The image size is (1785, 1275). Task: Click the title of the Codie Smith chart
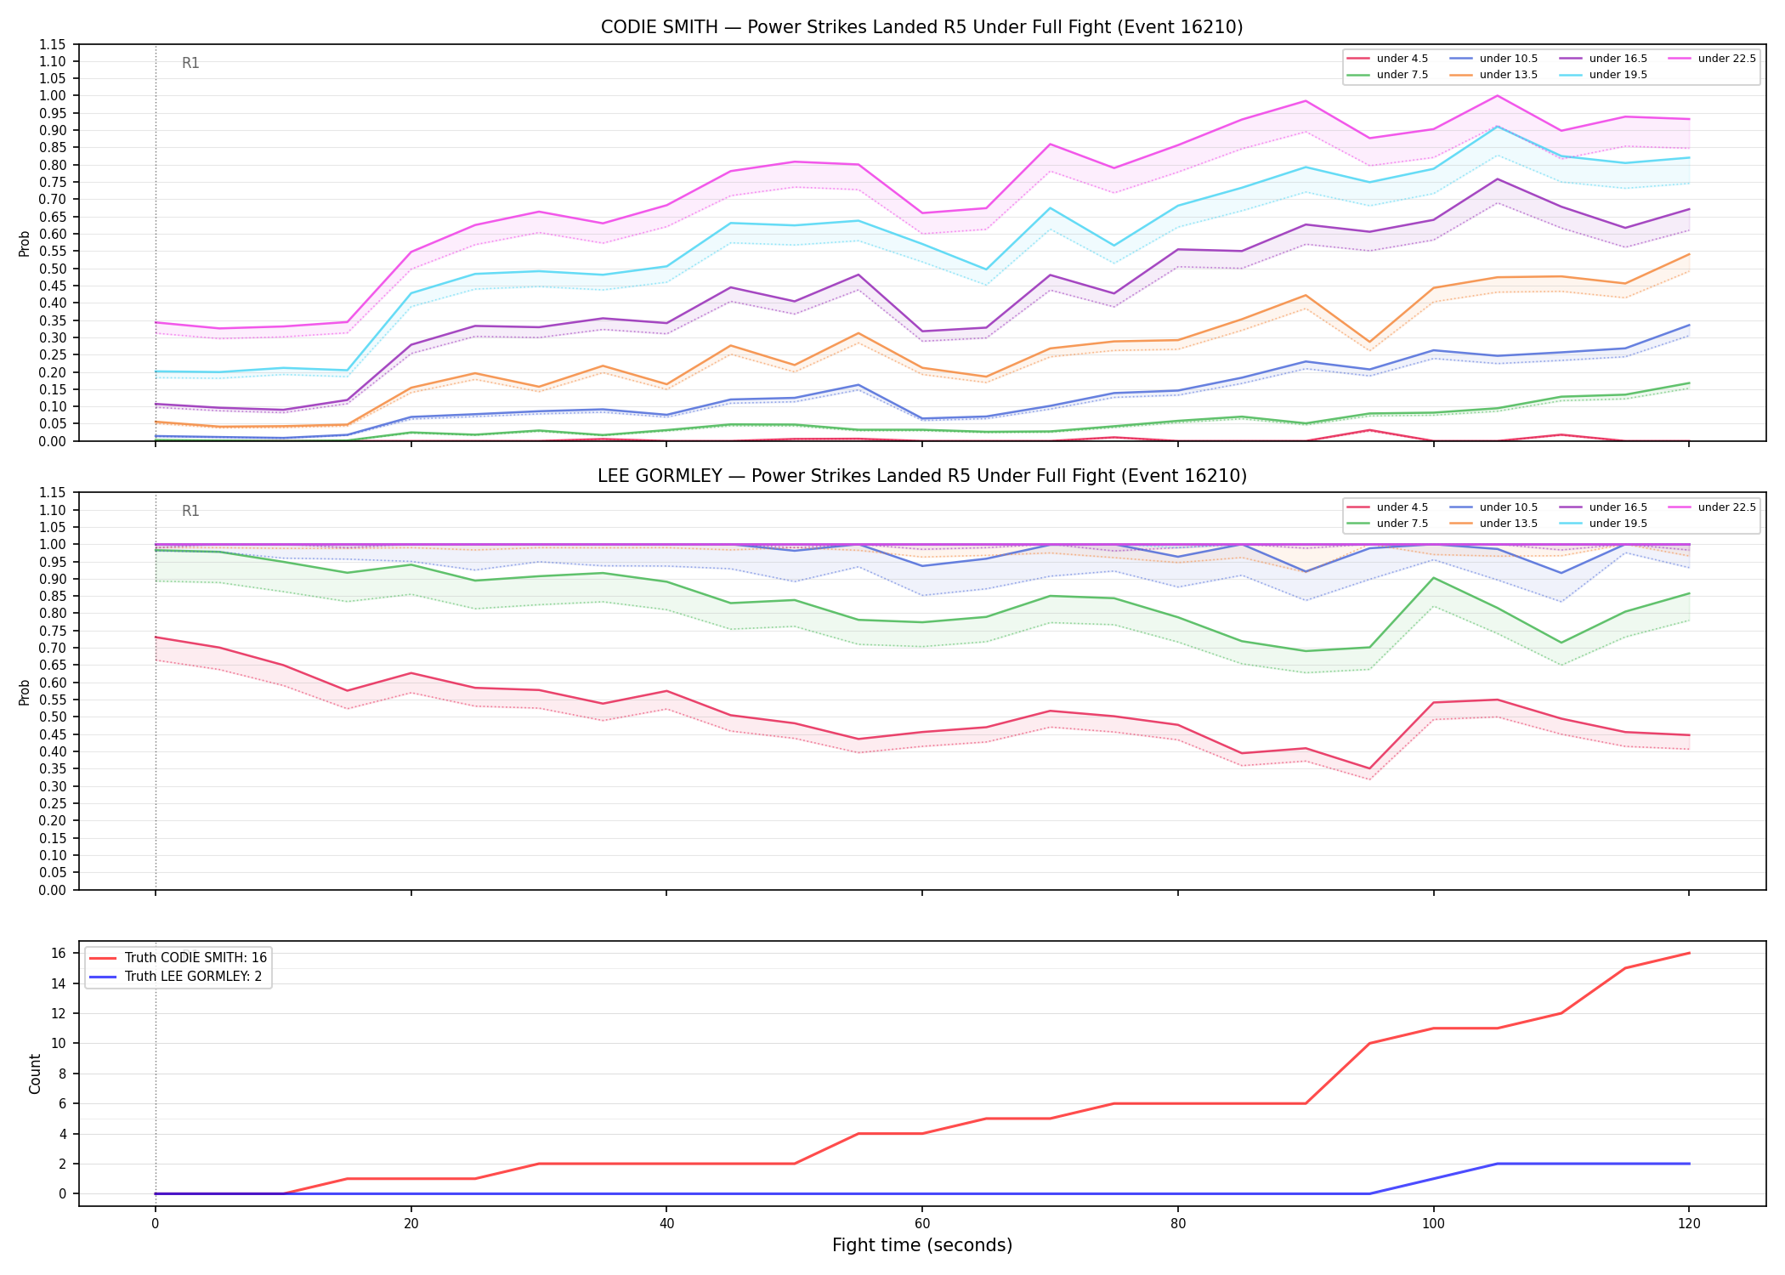pyautogui.click(x=921, y=27)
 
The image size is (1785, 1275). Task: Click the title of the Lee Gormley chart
pyautogui.click(x=921, y=476)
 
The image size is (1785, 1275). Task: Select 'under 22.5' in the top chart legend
pyautogui.click(x=1726, y=59)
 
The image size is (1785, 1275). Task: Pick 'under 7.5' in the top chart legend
pyautogui.click(x=1402, y=75)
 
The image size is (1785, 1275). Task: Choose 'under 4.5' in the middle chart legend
pyautogui.click(x=1402, y=507)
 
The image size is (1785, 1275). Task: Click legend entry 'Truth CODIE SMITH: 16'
pyautogui.click(x=195, y=958)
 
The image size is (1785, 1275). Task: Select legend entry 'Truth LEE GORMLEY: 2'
pyautogui.click(x=193, y=977)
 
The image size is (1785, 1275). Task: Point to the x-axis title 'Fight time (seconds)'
pyautogui.click(x=922, y=1245)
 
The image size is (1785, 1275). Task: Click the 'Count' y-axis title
pyautogui.click(x=35, y=1074)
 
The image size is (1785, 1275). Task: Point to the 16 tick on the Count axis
pyautogui.click(x=59, y=953)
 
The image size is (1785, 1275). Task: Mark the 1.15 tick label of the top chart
pyautogui.click(x=53, y=44)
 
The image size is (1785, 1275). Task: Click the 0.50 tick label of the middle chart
pyautogui.click(x=53, y=717)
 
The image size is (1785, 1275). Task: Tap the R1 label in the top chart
pyautogui.click(x=190, y=63)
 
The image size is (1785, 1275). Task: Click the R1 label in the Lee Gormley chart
pyautogui.click(x=190, y=511)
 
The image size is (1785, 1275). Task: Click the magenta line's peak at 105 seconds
pyautogui.click(x=1497, y=95)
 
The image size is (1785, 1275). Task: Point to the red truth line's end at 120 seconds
pyautogui.click(x=1689, y=953)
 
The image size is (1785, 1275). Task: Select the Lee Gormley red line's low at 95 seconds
pyautogui.click(x=1368, y=768)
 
